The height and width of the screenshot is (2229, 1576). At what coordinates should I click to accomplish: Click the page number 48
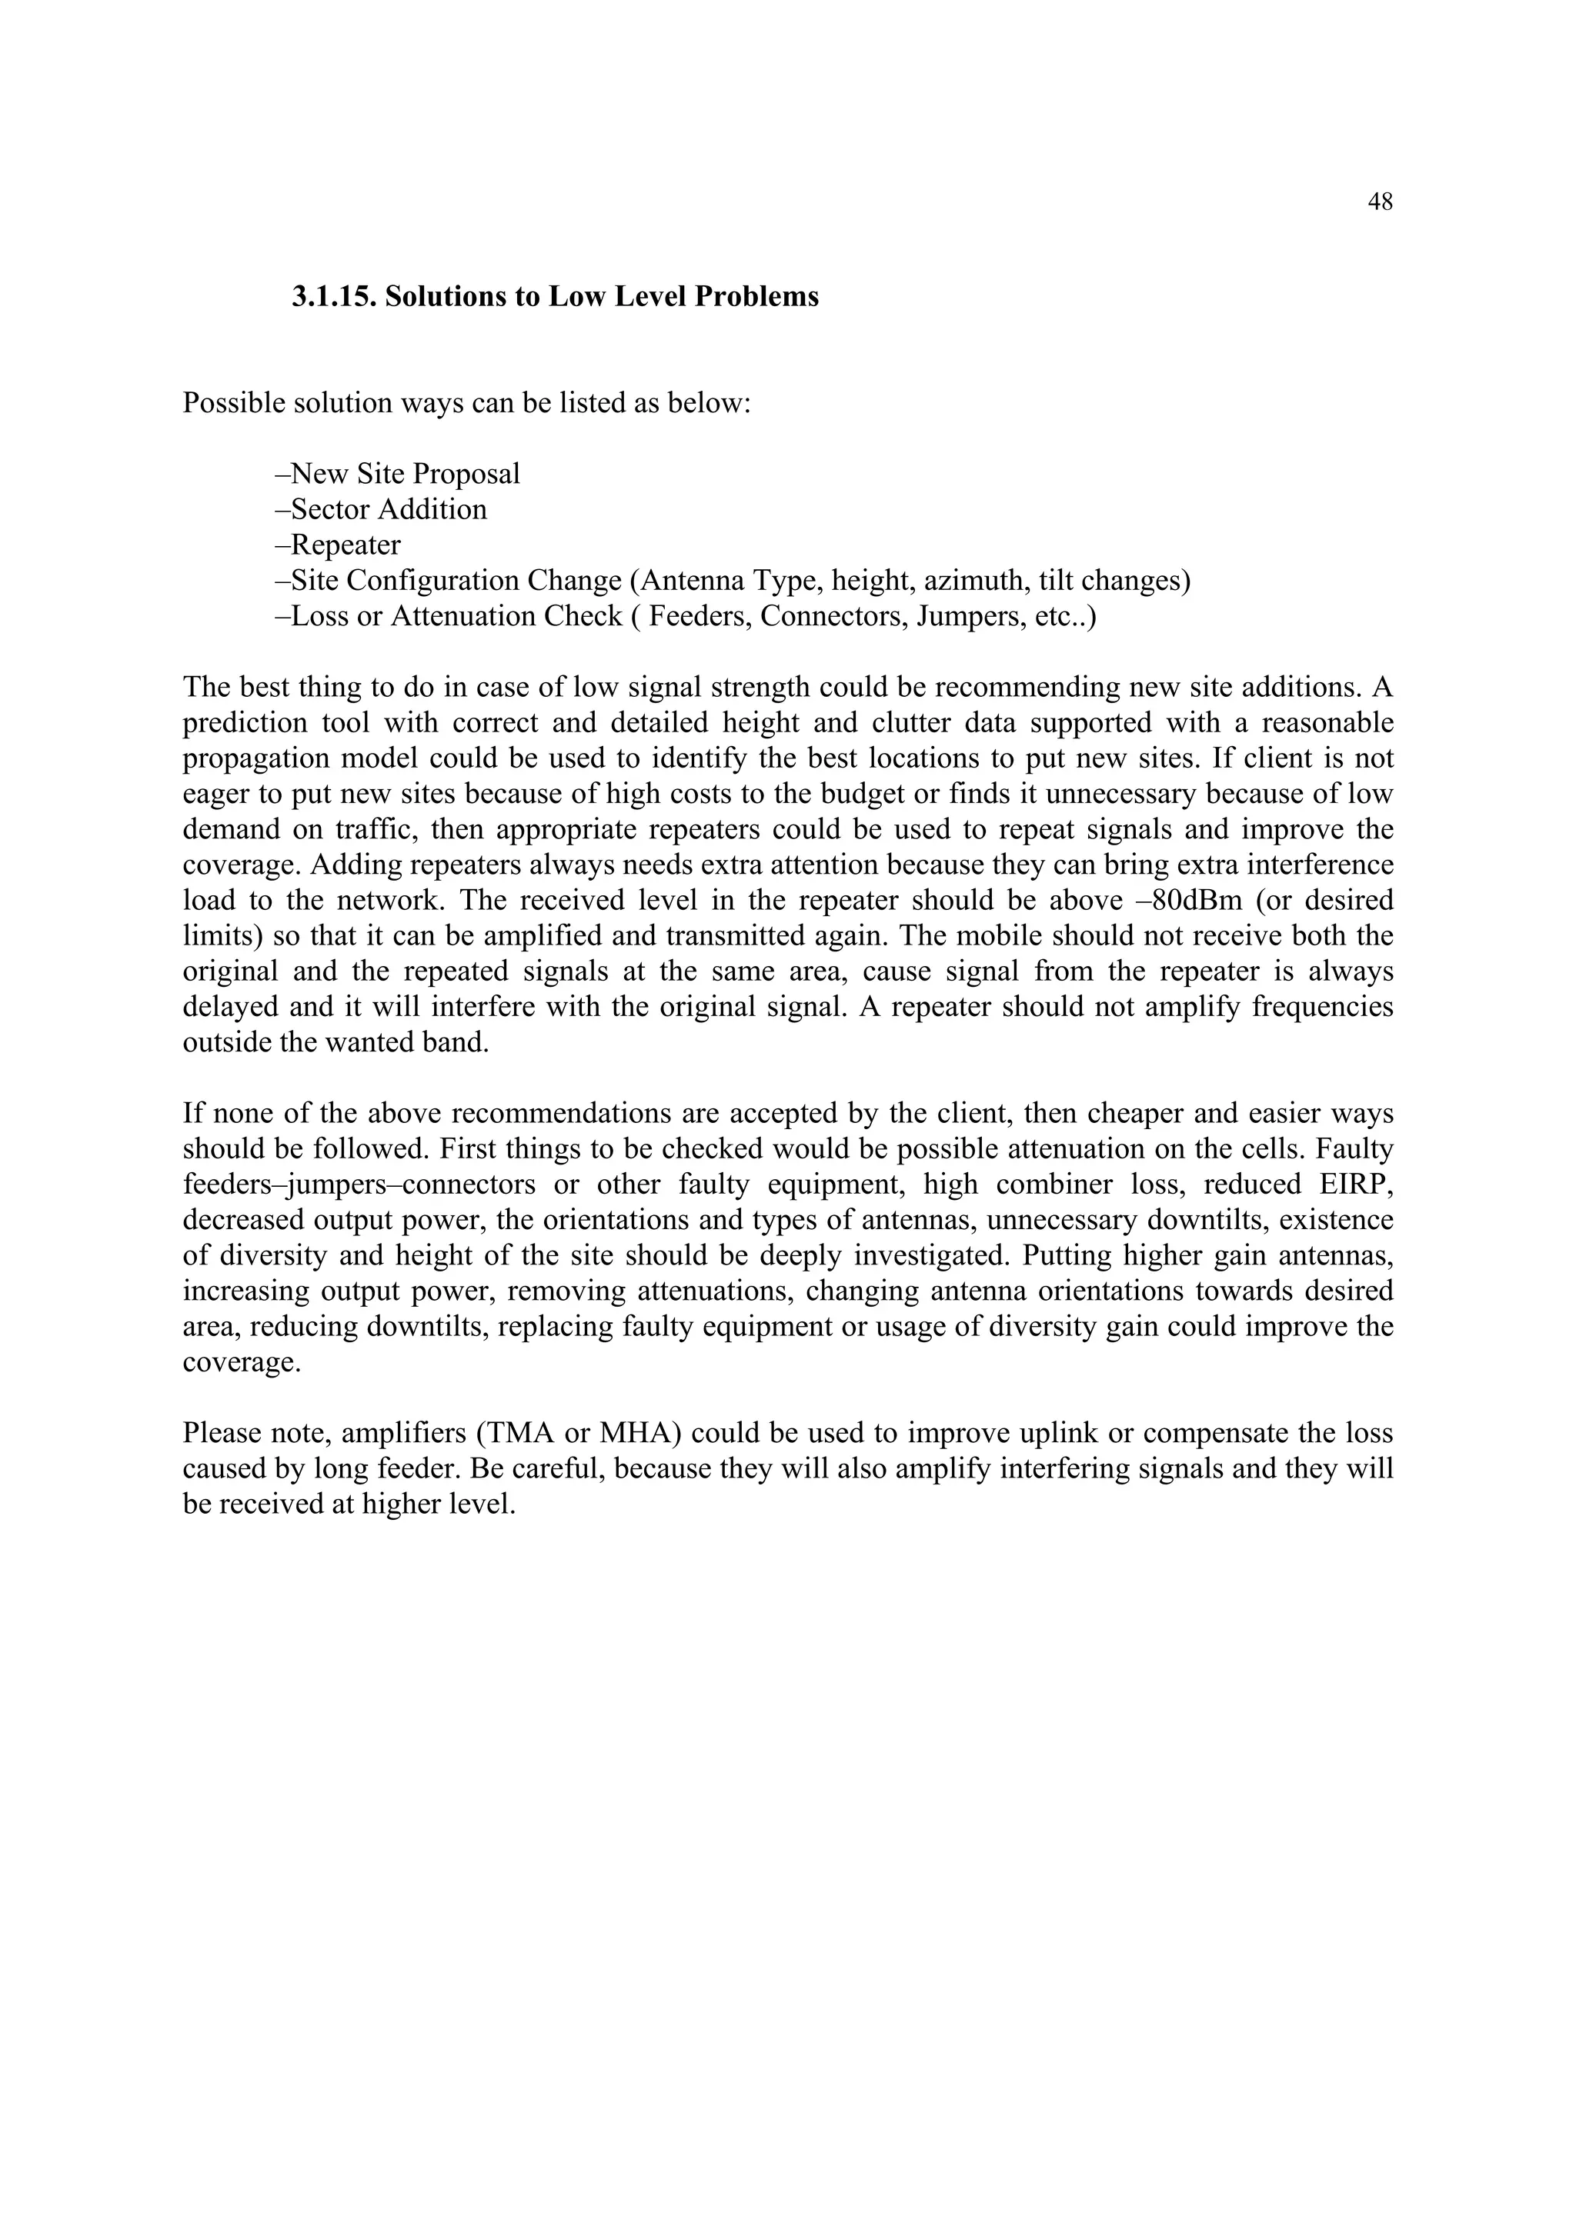click(1380, 202)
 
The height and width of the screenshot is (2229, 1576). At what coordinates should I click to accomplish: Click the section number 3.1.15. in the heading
click(334, 297)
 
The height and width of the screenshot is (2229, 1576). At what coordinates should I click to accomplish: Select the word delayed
click(230, 1007)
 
